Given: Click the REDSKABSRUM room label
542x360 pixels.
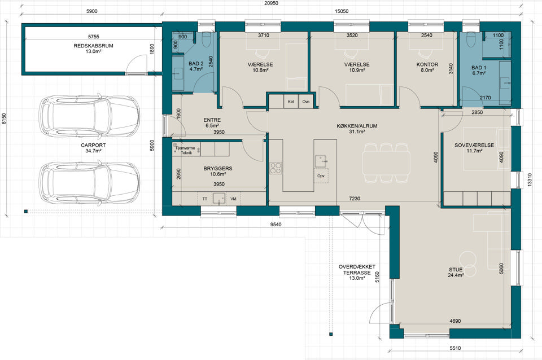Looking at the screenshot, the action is point(93,46).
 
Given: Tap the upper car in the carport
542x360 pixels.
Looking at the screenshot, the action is point(89,115).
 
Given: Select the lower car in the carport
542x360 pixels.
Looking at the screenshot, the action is point(89,182).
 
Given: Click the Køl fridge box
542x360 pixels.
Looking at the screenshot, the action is point(291,102).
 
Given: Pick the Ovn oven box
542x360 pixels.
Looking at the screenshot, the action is point(305,102).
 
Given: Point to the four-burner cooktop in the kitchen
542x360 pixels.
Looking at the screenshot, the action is point(276,168).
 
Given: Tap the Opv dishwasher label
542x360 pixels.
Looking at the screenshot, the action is point(321,176).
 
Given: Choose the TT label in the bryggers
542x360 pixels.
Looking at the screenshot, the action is point(204,199).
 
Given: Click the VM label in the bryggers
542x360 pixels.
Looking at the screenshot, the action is point(233,199).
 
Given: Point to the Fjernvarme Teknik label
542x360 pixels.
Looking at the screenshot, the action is point(186,150).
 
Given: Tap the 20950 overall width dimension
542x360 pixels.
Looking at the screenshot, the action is point(272,3).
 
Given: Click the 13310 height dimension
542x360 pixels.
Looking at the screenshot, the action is point(530,180).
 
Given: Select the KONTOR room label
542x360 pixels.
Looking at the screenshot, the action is point(427,64).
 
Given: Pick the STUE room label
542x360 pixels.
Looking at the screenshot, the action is point(456,270).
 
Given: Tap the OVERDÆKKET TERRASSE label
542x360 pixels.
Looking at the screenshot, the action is point(357,270).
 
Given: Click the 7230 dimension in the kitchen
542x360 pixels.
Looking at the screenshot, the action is point(355,199).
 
